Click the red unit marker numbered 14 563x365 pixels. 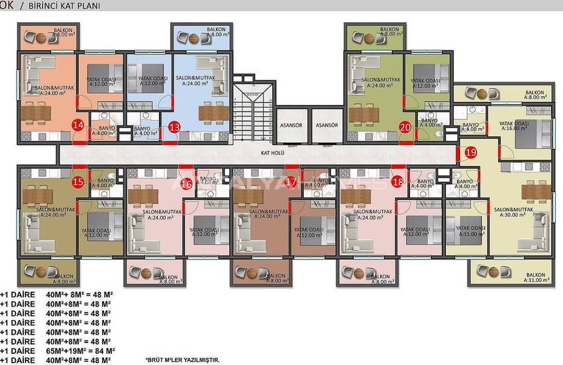tap(78, 125)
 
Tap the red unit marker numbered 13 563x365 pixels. tap(174, 126)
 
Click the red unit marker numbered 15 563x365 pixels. tap(78, 181)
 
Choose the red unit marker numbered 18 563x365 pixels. tap(397, 181)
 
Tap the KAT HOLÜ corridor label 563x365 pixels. tap(272, 153)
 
